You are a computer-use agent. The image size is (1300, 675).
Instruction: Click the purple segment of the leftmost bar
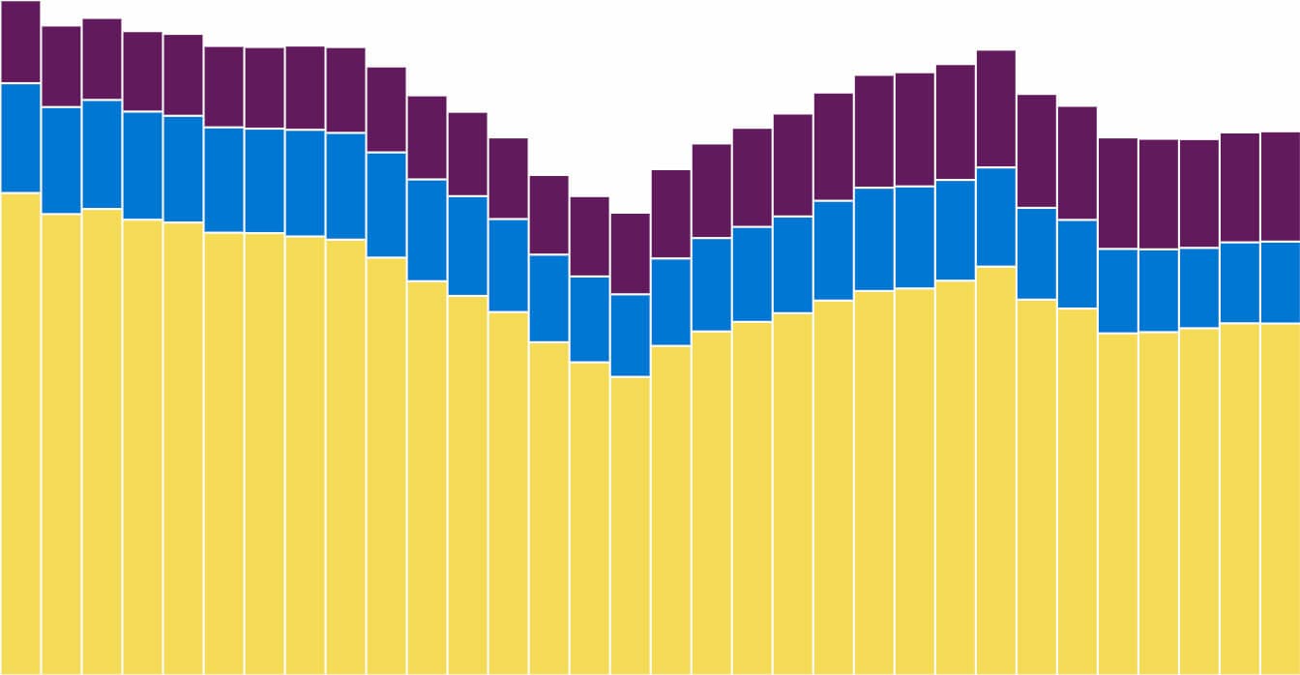coord(20,42)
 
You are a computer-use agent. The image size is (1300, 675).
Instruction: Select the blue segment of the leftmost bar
coord(20,137)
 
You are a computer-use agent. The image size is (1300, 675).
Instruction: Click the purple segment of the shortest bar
coord(630,253)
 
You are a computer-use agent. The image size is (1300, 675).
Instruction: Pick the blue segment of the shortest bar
coord(630,335)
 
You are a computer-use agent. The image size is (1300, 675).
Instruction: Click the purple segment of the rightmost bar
coord(1280,187)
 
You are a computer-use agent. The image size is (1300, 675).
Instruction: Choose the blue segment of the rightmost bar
coord(1280,281)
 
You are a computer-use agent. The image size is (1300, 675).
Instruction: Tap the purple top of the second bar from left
coord(61,66)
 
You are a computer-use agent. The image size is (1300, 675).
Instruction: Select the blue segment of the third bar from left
coord(102,154)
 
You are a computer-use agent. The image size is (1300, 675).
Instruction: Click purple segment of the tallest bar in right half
coord(995,108)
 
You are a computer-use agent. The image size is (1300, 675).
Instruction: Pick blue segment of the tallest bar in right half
coord(995,217)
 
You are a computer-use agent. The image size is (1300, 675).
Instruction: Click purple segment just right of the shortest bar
coord(670,214)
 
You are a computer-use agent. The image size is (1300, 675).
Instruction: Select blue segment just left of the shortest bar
coord(589,319)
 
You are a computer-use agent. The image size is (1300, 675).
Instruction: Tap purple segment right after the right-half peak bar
coord(1036,151)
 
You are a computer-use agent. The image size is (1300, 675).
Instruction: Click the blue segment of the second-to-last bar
coord(1239,282)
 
